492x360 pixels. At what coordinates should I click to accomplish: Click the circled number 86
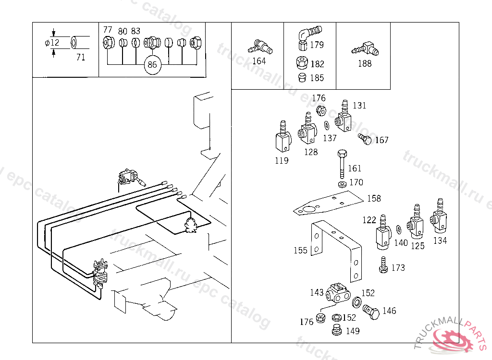(x=152, y=65)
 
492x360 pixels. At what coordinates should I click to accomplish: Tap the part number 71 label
(x=81, y=57)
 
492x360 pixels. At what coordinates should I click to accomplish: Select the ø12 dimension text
(x=52, y=42)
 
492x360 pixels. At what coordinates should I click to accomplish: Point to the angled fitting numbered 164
(x=260, y=48)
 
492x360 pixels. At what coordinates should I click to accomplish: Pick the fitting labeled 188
(x=365, y=49)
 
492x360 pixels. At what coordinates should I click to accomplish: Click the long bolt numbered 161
(x=342, y=164)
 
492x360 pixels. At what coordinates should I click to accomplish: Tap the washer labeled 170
(x=342, y=184)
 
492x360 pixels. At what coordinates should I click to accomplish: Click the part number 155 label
(x=300, y=250)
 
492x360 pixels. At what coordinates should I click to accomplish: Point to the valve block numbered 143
(x=338, y=293)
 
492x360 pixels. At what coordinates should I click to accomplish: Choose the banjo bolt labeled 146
(x=371, y=312)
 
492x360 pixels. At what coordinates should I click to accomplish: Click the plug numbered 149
(x=337, y=330)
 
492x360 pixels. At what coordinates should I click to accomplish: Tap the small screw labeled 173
(x=383, y=265)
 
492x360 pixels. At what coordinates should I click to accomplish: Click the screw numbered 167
(x=365, y=139)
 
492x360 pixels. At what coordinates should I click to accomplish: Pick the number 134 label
(x=440, y=240)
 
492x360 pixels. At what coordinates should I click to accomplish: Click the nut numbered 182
(x=302, y=62)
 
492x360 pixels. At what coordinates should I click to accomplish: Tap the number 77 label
(x=108, y=29)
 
